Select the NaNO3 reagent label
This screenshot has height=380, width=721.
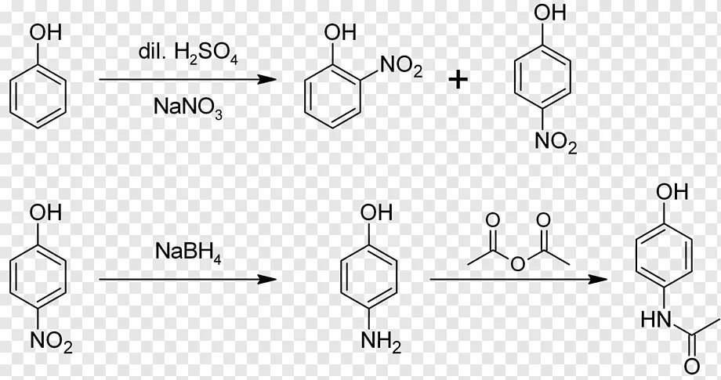coord(187,107)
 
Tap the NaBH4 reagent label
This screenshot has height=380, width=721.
coord(189,252)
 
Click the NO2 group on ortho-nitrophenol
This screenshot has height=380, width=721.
coord(400,69)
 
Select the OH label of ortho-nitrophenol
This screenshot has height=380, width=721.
coord(341,32)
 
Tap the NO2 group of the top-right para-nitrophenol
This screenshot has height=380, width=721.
coord(554,143)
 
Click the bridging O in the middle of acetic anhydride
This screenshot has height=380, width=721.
coord(516,264)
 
